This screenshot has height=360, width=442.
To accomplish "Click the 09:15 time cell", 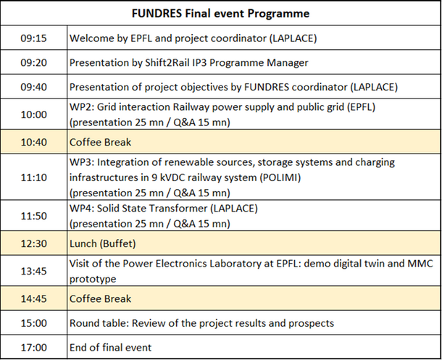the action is (33, 38).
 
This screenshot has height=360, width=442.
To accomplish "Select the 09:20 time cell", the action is (33, 62).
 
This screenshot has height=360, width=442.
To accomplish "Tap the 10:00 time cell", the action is (33, 114).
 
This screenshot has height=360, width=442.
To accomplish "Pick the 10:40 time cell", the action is (33, 142).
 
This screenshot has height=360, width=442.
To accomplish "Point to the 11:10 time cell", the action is (33, 177).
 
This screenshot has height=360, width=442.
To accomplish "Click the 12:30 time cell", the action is (33, 243).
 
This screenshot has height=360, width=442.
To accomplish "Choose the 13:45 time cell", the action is (33, 271).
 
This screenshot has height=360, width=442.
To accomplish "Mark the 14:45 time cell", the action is (33, 298).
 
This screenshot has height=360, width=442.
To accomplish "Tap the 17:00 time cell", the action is (33, 348).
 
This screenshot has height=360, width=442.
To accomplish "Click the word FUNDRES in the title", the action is (157, 13).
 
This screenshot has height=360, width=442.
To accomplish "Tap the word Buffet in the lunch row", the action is (118, 243).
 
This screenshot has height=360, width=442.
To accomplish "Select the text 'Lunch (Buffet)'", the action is (103, 243).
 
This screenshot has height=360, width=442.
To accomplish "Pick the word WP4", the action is (82, 208).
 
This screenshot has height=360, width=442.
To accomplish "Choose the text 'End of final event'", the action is (110, 348).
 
